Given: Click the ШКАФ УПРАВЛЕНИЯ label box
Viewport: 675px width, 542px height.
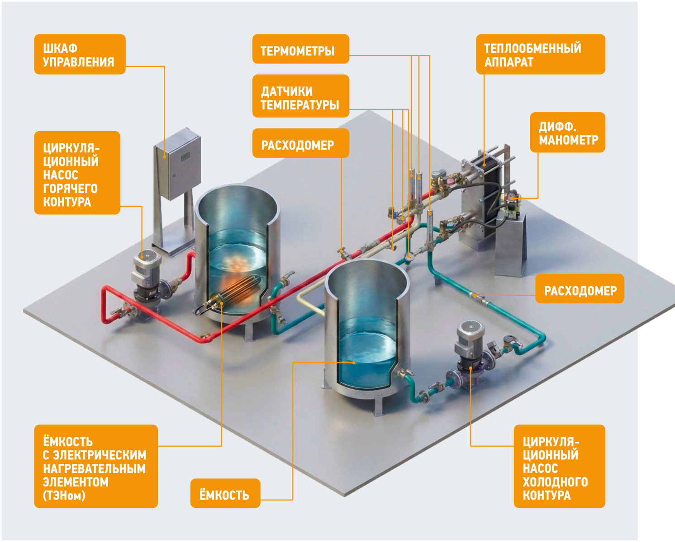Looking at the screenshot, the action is [80, 54].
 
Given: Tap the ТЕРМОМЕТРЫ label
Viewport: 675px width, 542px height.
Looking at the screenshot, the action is [300, 49].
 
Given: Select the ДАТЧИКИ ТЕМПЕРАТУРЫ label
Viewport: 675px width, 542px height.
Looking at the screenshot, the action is [300, 96].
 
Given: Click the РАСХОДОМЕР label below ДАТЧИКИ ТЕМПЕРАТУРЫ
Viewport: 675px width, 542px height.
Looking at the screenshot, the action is [300, 143].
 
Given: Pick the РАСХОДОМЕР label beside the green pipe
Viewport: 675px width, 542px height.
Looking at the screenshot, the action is [580, 289].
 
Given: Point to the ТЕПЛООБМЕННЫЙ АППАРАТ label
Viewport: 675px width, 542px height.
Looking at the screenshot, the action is [541, 54].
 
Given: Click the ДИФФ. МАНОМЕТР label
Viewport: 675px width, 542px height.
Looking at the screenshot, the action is [567, 132].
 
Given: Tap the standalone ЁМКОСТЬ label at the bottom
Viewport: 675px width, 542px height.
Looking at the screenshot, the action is [225, 493].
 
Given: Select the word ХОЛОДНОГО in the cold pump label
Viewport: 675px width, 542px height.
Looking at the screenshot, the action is [555, 482].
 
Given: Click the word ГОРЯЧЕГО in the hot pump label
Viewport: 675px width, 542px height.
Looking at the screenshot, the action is [70, 189].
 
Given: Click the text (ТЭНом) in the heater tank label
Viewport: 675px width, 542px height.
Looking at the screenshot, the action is [64, 495].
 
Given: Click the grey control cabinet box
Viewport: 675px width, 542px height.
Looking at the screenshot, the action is [177, 164].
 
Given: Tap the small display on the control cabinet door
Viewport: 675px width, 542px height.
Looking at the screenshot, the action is [185, 156].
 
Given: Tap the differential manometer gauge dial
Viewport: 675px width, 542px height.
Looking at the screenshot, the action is [511, 194].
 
